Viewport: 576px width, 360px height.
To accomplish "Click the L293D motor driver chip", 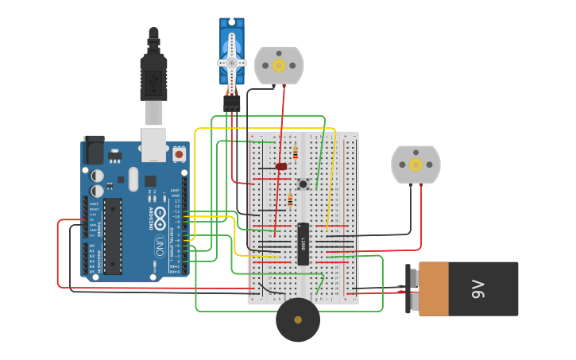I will [x=303, y=243].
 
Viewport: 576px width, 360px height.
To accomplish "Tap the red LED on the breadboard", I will [x=280, y=166].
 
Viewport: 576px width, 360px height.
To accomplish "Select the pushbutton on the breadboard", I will [x=303, y=184].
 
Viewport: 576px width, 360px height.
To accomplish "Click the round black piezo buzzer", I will [x=298, y=319].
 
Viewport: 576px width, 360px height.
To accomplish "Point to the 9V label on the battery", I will [x=477, y=288].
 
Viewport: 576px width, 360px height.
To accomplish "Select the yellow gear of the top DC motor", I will [x=279, y=65].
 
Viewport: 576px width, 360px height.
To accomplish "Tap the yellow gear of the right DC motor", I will [x=416, y=165].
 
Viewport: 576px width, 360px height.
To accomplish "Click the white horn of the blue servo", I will [x=232, y=62].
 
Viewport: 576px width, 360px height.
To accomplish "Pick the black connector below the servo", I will [x=232, y=103].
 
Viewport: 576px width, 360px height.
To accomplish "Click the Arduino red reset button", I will [x=179, y=153].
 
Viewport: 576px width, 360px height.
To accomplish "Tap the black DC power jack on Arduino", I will [x=94, y=149].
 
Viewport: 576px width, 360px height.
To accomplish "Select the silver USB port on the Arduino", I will [x=154, y=144].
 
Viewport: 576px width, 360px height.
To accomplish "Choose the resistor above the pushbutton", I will [x=296, y=152].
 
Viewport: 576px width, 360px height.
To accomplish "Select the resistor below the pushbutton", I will [x=290, y=201].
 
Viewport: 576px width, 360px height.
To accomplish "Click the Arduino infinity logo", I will [x=159, y=217].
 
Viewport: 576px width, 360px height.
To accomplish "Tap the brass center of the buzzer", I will [x=298, y=319].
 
